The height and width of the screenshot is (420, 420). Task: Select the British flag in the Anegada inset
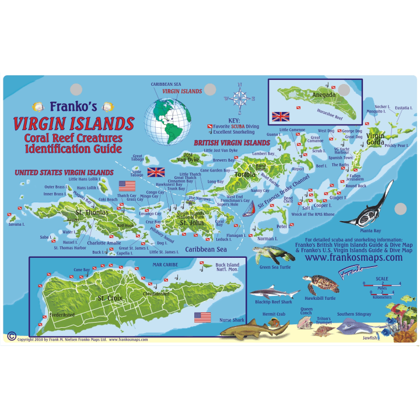281,115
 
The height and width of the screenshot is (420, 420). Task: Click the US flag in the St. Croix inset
202,317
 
